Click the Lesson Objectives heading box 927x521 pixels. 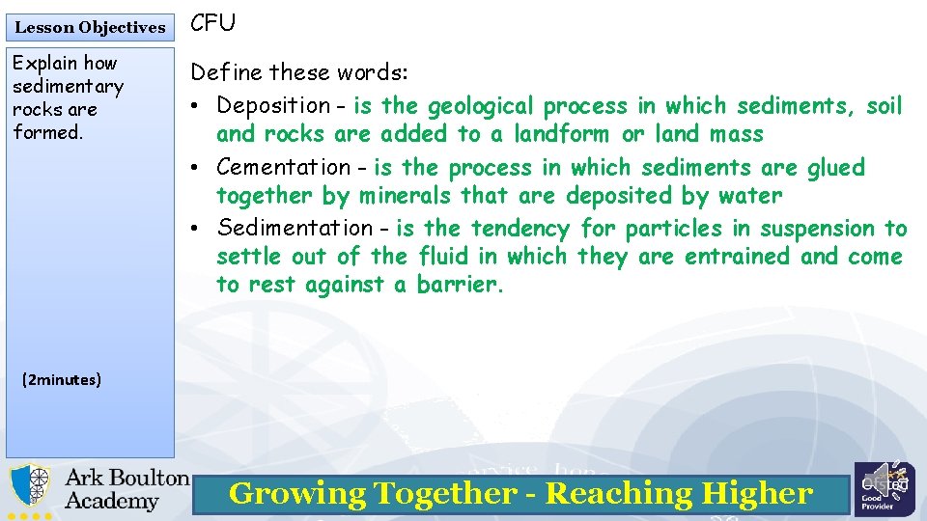click(x=90, y=27)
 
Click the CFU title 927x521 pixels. click(x=212, y=23)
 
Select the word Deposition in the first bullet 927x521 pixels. click(x=274, y=105)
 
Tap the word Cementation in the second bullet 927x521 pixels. click(x=284, y=168)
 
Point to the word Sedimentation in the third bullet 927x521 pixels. click(x=295, y=229)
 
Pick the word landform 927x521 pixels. click(x=561, y=134)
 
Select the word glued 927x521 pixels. click(x=836, y=168)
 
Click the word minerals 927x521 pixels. click(x=407, y=196)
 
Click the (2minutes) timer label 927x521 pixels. click(x=61, y=380)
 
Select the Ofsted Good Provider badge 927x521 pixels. click(x=884, y=489)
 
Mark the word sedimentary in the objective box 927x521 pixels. click(x=68, y=87)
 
